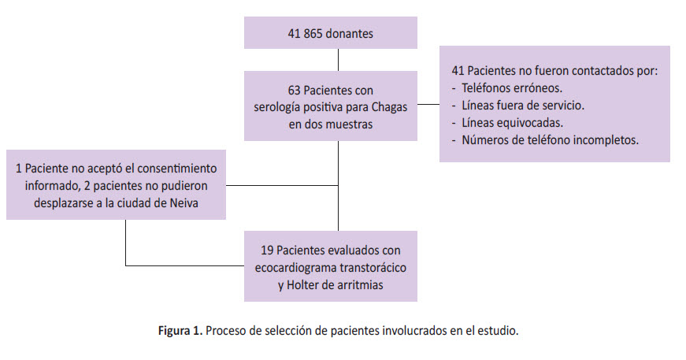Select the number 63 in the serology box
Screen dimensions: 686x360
coord(294,91)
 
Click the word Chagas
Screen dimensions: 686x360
coord(389,107)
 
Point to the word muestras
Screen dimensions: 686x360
coord(349,124)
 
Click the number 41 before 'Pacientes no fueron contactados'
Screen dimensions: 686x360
coord(458,71)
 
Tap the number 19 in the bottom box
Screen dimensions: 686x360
coord(267,251)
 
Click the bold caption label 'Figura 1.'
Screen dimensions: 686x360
coord(180,331)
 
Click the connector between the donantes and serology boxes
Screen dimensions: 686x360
coord(338,60)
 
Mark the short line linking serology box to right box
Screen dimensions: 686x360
coord(428,105)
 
